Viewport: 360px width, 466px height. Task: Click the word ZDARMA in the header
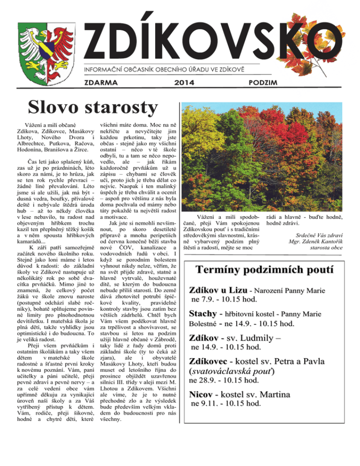[x=101, y=83]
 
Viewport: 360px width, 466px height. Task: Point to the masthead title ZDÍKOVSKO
[x=206, y=40]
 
